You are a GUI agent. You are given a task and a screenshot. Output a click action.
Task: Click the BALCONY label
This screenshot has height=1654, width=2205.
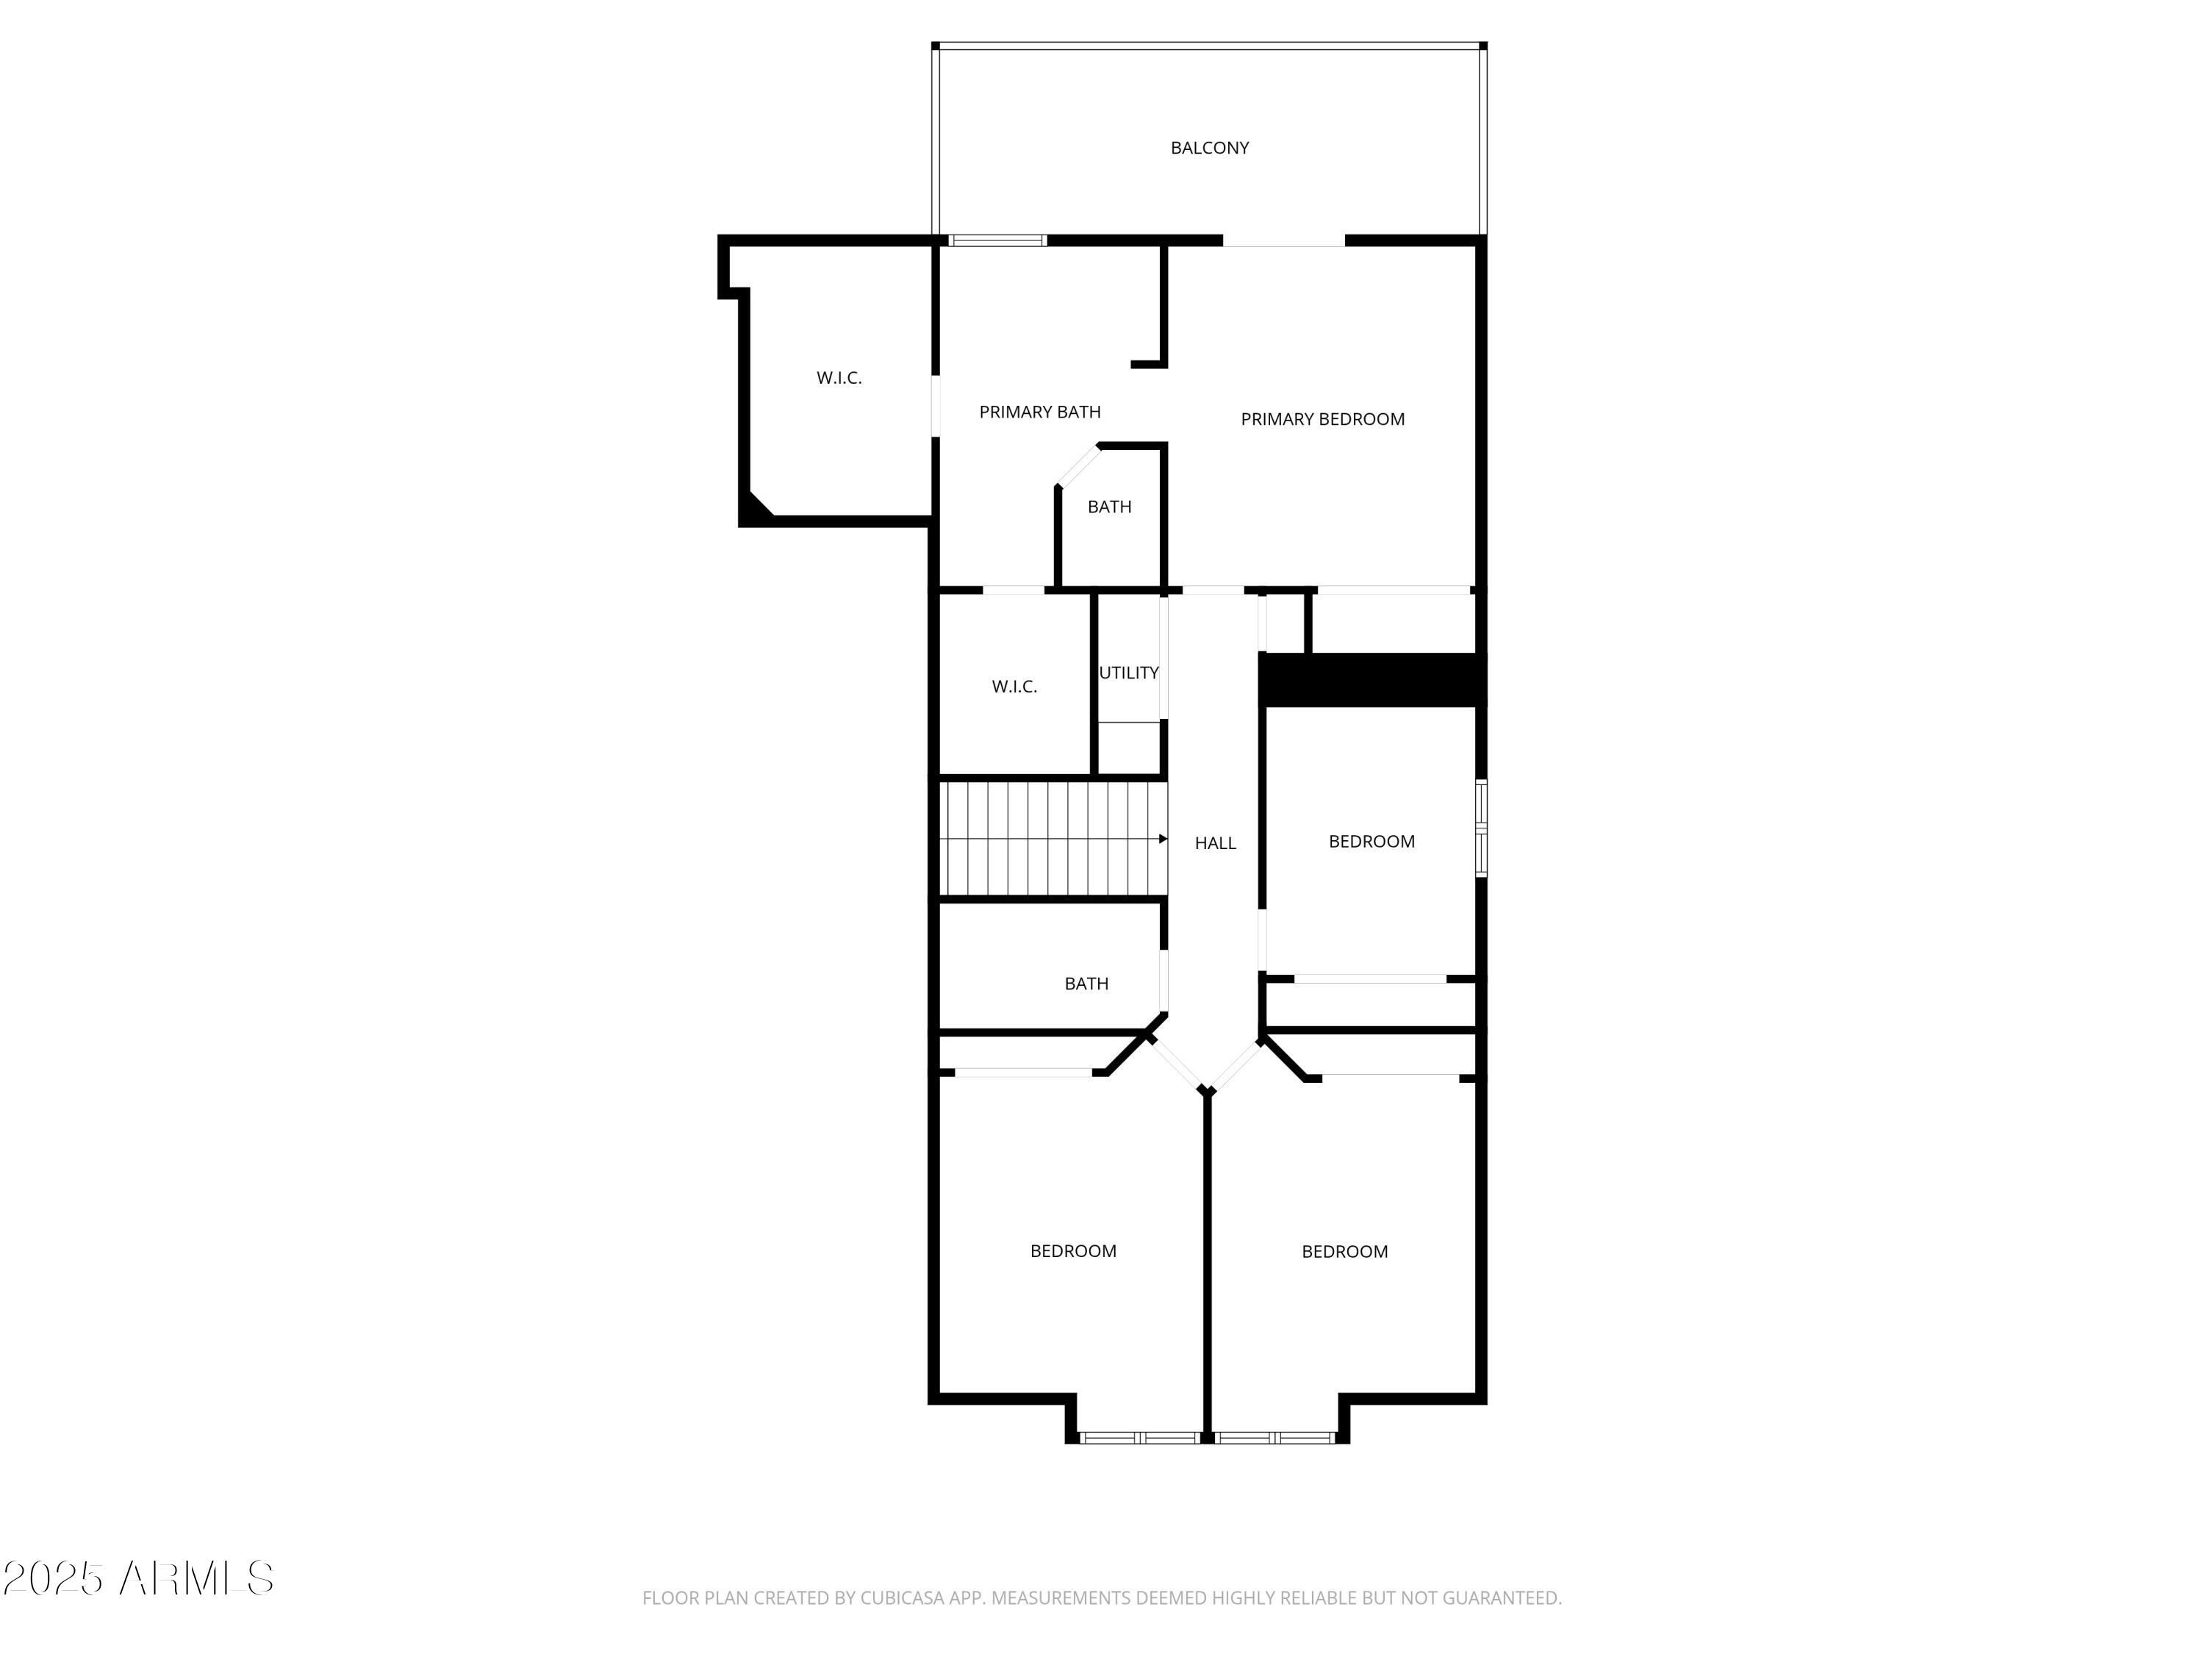tap(1209, 148)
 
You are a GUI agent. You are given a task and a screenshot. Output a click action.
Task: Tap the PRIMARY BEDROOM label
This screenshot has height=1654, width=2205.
tap(1322, 420)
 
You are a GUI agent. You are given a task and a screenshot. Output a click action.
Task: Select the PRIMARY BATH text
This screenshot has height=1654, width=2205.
tap(1040, 412)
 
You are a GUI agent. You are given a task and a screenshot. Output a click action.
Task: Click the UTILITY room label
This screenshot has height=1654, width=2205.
tap(1128, 673)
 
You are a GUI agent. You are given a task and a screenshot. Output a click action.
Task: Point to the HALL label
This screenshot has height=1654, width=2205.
tap(1215, 843)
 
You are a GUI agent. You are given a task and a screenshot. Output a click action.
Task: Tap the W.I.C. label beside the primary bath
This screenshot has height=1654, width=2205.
tap(839, 378)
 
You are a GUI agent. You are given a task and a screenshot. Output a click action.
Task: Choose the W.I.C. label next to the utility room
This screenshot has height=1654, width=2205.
tap(1014, 687)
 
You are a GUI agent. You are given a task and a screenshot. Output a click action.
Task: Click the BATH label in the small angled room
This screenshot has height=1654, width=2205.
tap(1108, 507)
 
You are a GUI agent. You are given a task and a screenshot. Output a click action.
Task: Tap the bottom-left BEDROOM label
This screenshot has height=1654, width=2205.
tap(1072, 1251)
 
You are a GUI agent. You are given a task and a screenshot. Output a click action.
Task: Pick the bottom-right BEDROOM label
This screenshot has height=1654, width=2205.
tap(1344, 1252)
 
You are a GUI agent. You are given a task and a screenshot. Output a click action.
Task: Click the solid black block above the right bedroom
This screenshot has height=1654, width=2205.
tap(1371, 679)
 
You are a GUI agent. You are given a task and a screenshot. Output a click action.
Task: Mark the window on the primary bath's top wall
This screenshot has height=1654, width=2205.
tap(997, 240)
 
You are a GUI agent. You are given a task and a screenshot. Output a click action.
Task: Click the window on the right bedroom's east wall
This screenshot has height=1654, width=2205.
tap(1481, 828)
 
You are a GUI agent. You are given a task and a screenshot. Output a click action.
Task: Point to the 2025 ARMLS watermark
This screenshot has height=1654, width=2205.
tap(139, 1579)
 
